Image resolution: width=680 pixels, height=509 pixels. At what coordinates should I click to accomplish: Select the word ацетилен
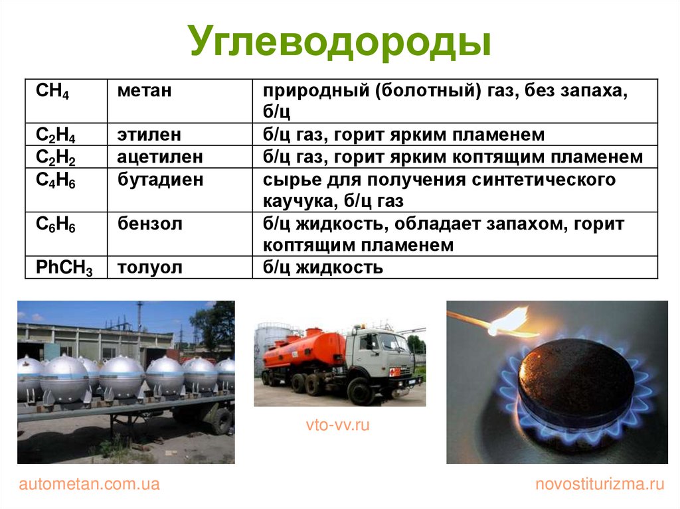pyautogui.click(x=160, y=157)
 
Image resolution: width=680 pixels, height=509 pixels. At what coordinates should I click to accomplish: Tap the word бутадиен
pyautogui.click(x=160, y=179)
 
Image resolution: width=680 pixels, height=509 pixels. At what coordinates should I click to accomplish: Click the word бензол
pyautogui.click(x=149, y=224)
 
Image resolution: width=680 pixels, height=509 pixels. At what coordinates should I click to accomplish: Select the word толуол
pyautogui.click(x=149, y=267)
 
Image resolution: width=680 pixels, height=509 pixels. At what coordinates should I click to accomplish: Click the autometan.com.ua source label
pyautogui.click(x=90, y=484)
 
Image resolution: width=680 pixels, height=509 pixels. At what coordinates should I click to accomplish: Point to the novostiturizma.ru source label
pyautogui.click(x=600, y=484)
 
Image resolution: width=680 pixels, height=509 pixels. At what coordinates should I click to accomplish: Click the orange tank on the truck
pyautogui.click(x=302, y=351)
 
